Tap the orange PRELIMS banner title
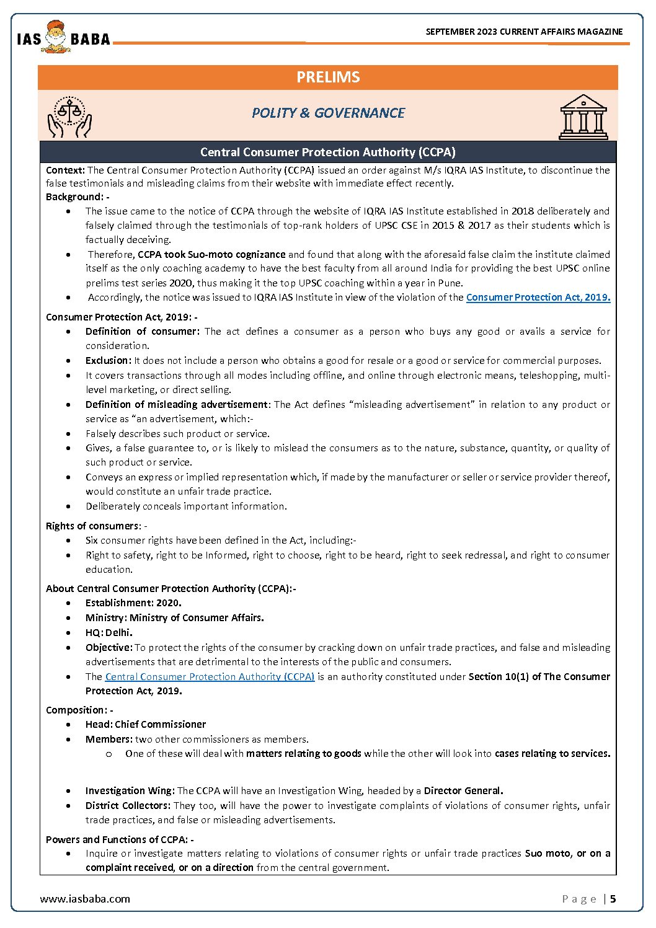328,77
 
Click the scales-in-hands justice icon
69,117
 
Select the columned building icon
583,117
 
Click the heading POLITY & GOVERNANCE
328,113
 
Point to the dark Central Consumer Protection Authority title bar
328,152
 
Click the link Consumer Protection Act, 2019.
538,298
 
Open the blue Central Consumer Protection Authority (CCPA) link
210,677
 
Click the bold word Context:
65,170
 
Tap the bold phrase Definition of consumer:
142,332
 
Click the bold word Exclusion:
109,361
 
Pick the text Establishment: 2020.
133,603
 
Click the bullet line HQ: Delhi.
109,633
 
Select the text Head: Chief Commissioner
145,725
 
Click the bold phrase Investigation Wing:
130,791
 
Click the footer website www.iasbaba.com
85,899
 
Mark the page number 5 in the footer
613,899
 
